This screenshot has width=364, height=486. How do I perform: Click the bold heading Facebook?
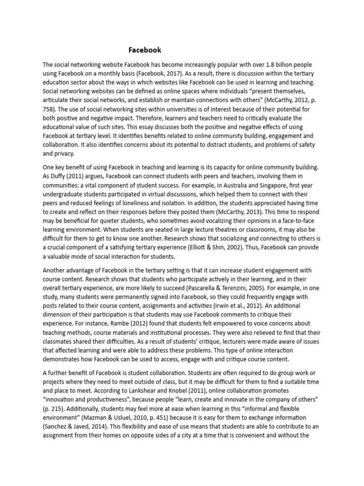point(145,50)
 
